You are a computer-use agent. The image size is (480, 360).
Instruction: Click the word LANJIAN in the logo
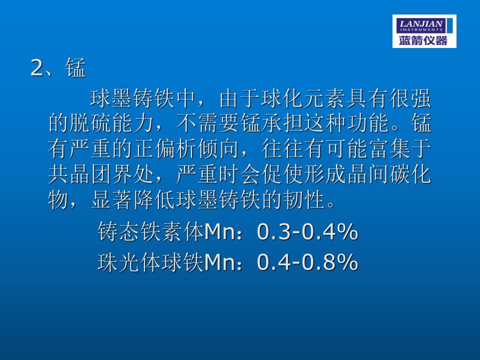(x=421, y=23)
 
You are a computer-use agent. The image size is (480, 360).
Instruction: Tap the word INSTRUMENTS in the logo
(x=421, y=29)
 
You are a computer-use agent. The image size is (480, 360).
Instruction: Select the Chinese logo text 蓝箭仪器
(x=423, y=40)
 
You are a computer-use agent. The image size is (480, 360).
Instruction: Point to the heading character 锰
(x=75, y=67)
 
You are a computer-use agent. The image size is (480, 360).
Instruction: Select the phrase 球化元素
(x=303, y=98)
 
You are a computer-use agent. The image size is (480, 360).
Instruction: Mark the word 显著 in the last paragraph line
(x=112, y=199)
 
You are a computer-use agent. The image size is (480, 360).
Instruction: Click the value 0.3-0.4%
(x=307, y=231)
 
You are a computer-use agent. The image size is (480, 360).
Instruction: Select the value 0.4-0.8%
(x=307, y=262)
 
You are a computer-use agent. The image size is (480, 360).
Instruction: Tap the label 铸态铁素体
(x=150, y=231)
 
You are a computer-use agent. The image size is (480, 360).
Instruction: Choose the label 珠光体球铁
(x=150, y=262)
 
